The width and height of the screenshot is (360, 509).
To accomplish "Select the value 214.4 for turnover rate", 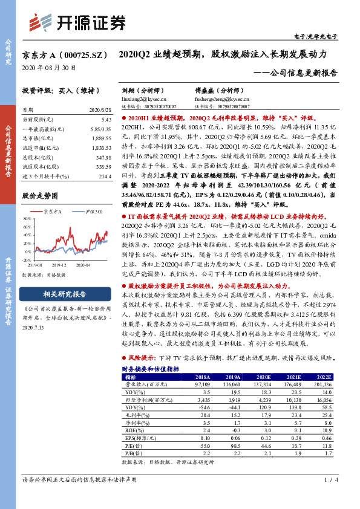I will click(105, 177).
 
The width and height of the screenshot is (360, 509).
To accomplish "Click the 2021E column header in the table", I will click(293, 375).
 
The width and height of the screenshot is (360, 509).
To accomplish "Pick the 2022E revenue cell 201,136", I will click(322, 383).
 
